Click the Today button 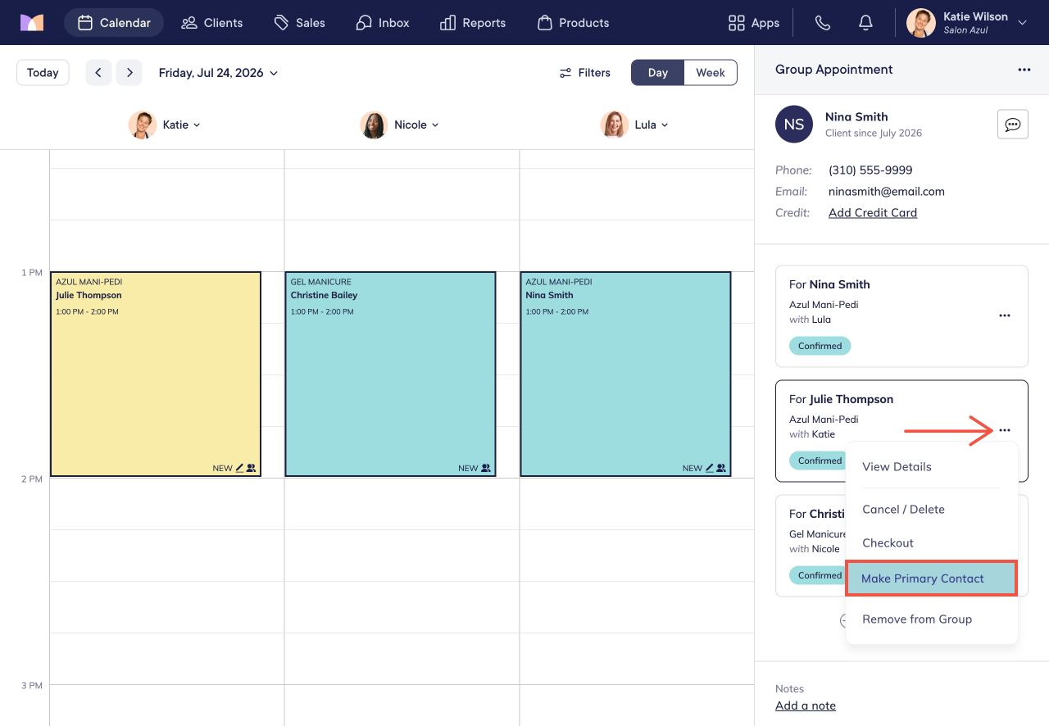click(x=43, y=73)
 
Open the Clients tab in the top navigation click(x=211, y=22)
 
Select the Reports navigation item click(x=473, y=22)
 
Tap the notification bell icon click(x=865, y=22)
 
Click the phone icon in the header click(x=822, y=22)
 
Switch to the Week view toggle click(x=710, y=73)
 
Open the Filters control click(x=585, y=73)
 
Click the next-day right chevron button click(x=129, y=73)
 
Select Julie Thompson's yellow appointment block click(x=156, y=374)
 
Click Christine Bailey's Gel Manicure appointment click(x=390, y=374)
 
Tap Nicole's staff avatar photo click(x=373, y=125)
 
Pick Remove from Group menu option click(x=917, y=619)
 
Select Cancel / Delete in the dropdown click(x=903, y=509)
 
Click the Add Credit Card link click(x=873, y=213)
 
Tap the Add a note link click(x=806, y=706)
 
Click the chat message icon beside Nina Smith click(x=1012, y=124)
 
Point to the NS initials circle click(x=794, y=124)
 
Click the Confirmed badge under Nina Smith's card click(x=820, y=346)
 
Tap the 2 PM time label click(x=32, y=479)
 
